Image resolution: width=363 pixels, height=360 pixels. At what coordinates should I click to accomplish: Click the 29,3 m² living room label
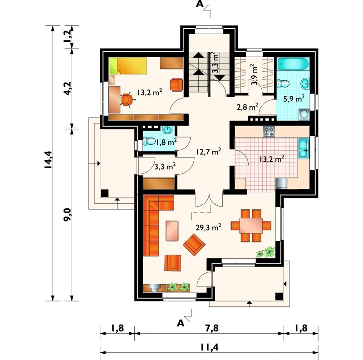click(208, 227)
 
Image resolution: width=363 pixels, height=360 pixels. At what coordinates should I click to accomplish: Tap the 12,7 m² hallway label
click(208, 152)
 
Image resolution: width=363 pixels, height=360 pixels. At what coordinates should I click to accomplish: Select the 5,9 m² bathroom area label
click(294, 99)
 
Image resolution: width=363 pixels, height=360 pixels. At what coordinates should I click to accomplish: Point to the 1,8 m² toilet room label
click(166, 142)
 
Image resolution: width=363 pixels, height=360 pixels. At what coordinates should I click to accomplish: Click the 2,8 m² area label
click(247, 107)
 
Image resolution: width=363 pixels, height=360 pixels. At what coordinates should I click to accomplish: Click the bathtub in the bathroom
click(293, 64)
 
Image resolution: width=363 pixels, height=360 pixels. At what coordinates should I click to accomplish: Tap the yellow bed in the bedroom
click(128, 66)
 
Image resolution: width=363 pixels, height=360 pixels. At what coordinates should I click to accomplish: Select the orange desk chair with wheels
click(127, 99)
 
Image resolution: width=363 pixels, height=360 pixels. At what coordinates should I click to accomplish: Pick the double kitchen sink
click(303, 148)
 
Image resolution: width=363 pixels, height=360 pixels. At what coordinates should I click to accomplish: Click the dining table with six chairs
click(251, 226)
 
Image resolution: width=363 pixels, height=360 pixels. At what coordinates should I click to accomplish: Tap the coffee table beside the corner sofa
click(172, 231)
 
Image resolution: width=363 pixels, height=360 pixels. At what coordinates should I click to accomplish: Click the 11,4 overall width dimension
click(209, 347)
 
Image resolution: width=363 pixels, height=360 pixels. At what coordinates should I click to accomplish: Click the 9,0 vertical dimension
click(68, 215)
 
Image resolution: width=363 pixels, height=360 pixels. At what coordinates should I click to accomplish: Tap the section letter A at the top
click(200, 4)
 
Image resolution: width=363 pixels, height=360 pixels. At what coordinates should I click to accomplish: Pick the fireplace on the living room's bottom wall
click(155, 288)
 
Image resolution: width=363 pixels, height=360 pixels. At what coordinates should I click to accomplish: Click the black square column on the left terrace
click(105, 193)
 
